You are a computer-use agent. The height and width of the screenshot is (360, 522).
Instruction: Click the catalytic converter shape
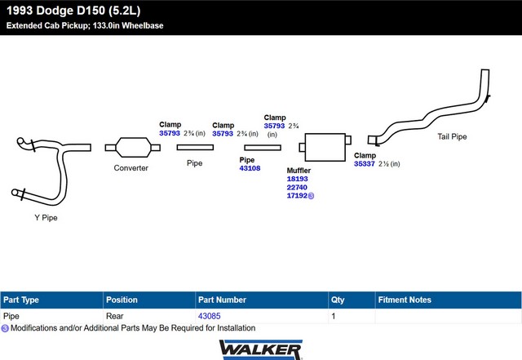[x=132, y=147]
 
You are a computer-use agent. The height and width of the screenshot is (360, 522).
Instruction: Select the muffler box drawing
[x=325, y=147]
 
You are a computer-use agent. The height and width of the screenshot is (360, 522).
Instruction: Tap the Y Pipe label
[x=46, y=218]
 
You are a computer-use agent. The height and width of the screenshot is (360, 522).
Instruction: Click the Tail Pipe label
[x=452, y=136]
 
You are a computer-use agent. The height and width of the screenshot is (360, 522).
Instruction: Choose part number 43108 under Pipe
[x=250, y=168]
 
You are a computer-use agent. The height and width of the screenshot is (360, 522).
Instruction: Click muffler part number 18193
[x=297, y=179]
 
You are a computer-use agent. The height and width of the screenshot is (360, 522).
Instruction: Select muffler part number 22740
[x=297, y=187]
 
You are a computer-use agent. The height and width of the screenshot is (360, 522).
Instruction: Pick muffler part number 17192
[x=297, y=196]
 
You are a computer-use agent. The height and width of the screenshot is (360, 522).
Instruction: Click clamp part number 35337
[x=365, y=163]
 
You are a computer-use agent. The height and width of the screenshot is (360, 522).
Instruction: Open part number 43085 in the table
[x=210, y=316]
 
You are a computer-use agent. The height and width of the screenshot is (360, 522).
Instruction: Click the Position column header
[x=122, y=300]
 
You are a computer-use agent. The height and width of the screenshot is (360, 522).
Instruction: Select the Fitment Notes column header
[x=405, y=300]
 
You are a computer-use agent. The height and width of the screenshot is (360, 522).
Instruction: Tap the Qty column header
[x=338, y=300]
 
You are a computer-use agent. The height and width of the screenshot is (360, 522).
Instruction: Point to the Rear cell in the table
[x=115, y=316]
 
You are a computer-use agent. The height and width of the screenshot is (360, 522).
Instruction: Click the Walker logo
[x=261, y=349]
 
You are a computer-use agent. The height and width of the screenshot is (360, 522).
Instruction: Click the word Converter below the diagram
[x=130, y=168]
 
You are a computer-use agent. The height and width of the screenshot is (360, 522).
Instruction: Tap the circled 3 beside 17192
[x=311, y=196]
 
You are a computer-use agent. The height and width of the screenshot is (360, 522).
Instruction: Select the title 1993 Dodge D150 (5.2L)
[x=73, y=11]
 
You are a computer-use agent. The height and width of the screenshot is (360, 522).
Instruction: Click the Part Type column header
[x=21, y=300]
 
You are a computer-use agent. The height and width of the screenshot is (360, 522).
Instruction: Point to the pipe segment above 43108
[x=263, y=147]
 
